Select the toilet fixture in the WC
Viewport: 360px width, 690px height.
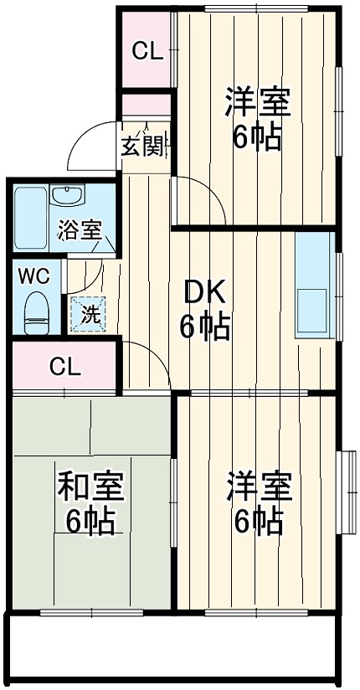pos(34,311)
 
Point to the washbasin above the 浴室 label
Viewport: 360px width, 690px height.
pos(66,196)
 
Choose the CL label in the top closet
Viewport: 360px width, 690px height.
pos(146,52)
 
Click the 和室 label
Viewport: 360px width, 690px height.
pos(90,487)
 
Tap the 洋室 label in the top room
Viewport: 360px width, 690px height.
pos(257,103)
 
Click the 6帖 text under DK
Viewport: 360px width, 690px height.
pos(204,327)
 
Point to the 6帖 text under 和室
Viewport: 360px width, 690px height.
pos(90,522)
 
